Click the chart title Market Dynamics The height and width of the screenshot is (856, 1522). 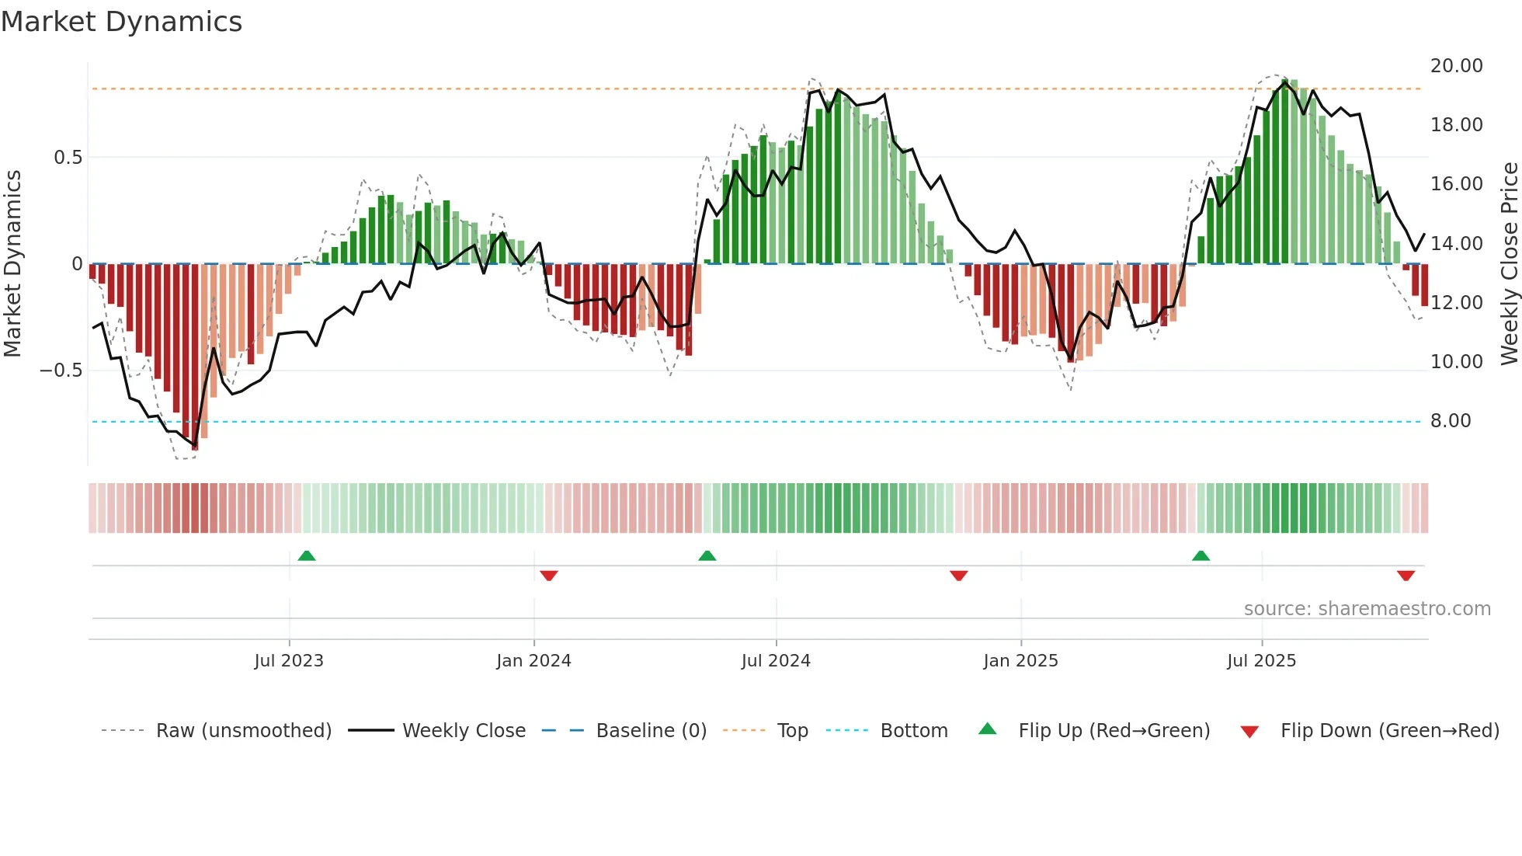121,22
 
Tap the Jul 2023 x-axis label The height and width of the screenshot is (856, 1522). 289,661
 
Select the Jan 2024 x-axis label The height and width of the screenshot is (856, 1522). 533,661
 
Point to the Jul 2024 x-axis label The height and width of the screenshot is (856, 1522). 776,661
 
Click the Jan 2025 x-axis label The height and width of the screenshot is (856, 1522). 1020,661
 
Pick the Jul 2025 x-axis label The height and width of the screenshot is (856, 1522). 1262,661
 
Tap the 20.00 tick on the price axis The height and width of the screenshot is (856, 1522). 1457,66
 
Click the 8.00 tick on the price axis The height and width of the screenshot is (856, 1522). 1451,421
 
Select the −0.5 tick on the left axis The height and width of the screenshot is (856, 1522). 61,371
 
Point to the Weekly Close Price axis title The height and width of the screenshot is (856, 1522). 1509,263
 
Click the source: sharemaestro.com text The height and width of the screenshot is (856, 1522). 1367,609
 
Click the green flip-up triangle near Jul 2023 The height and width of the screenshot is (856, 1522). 307,555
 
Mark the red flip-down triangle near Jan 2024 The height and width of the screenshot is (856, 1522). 549,576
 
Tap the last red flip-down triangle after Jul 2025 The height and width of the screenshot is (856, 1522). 1406,576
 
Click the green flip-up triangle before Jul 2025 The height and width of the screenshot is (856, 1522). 1201,555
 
